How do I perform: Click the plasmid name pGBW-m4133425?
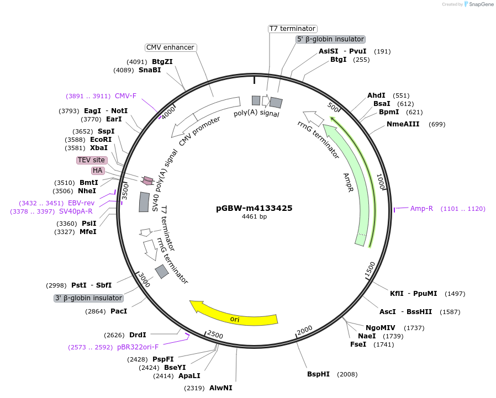click(x=254, y=208)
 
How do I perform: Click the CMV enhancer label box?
click(x=171, y=47)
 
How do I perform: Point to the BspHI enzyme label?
click(x=318, y=374)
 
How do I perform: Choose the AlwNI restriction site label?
click(x=220, y=388)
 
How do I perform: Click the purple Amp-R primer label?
click(x=421, y=209)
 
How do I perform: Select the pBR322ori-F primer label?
click(x=138, y=347)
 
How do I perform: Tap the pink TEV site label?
click(x=91, y=160)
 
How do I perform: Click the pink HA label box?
click(x=98, y=171)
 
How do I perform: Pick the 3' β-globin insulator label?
click(x=88, y=298)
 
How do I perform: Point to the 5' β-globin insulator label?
click(x=330, y=39)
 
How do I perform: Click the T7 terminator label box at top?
click(x=292, y=28)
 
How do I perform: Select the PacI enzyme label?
click(x=118, y=311)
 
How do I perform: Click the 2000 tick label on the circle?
click(x=305, y=330)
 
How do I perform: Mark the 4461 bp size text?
click(x=254, y=217)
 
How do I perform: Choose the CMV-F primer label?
click(x=125, y=96)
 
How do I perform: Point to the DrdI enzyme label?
click(x=138, y=335)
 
